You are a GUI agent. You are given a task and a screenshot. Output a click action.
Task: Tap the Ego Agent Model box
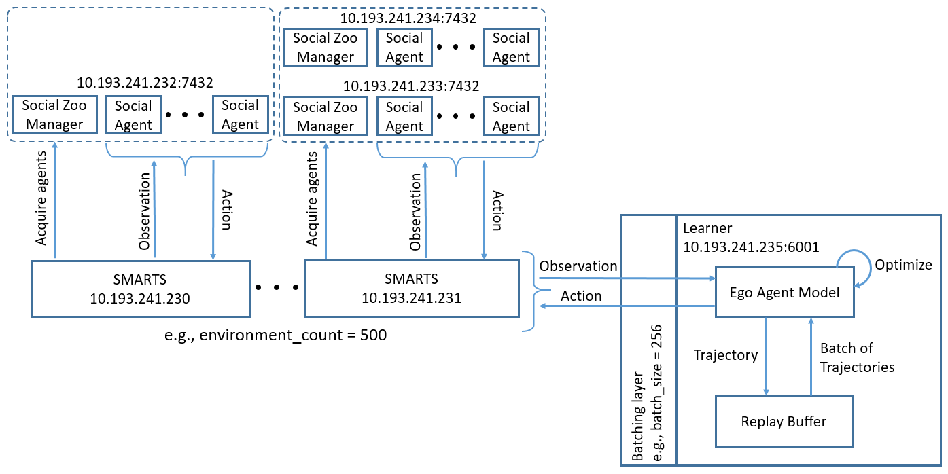[x=784, y=293]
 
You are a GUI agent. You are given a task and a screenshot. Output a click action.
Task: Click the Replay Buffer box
[x=784, y=422]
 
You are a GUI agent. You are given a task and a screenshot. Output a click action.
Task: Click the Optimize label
[x=903, y=265]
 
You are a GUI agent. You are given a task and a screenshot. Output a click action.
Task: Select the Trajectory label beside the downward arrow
[x=725, y=355]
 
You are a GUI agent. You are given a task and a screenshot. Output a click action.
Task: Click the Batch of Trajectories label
[x=856, y=358]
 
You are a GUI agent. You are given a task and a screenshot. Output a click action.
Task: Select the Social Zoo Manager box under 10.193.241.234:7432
[x=325, y=48]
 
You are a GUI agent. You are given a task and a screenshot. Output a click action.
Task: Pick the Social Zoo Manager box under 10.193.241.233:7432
[x=325, y=116]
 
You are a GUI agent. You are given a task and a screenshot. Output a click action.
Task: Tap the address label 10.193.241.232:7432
[x=145, y=84]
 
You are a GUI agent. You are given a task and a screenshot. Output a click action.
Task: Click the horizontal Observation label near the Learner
[x=578, y=266]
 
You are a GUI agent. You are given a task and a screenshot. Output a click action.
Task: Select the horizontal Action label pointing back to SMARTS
[x=580, y=296]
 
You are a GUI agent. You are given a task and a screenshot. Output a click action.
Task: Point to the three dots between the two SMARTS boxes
[x=277, y=287]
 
